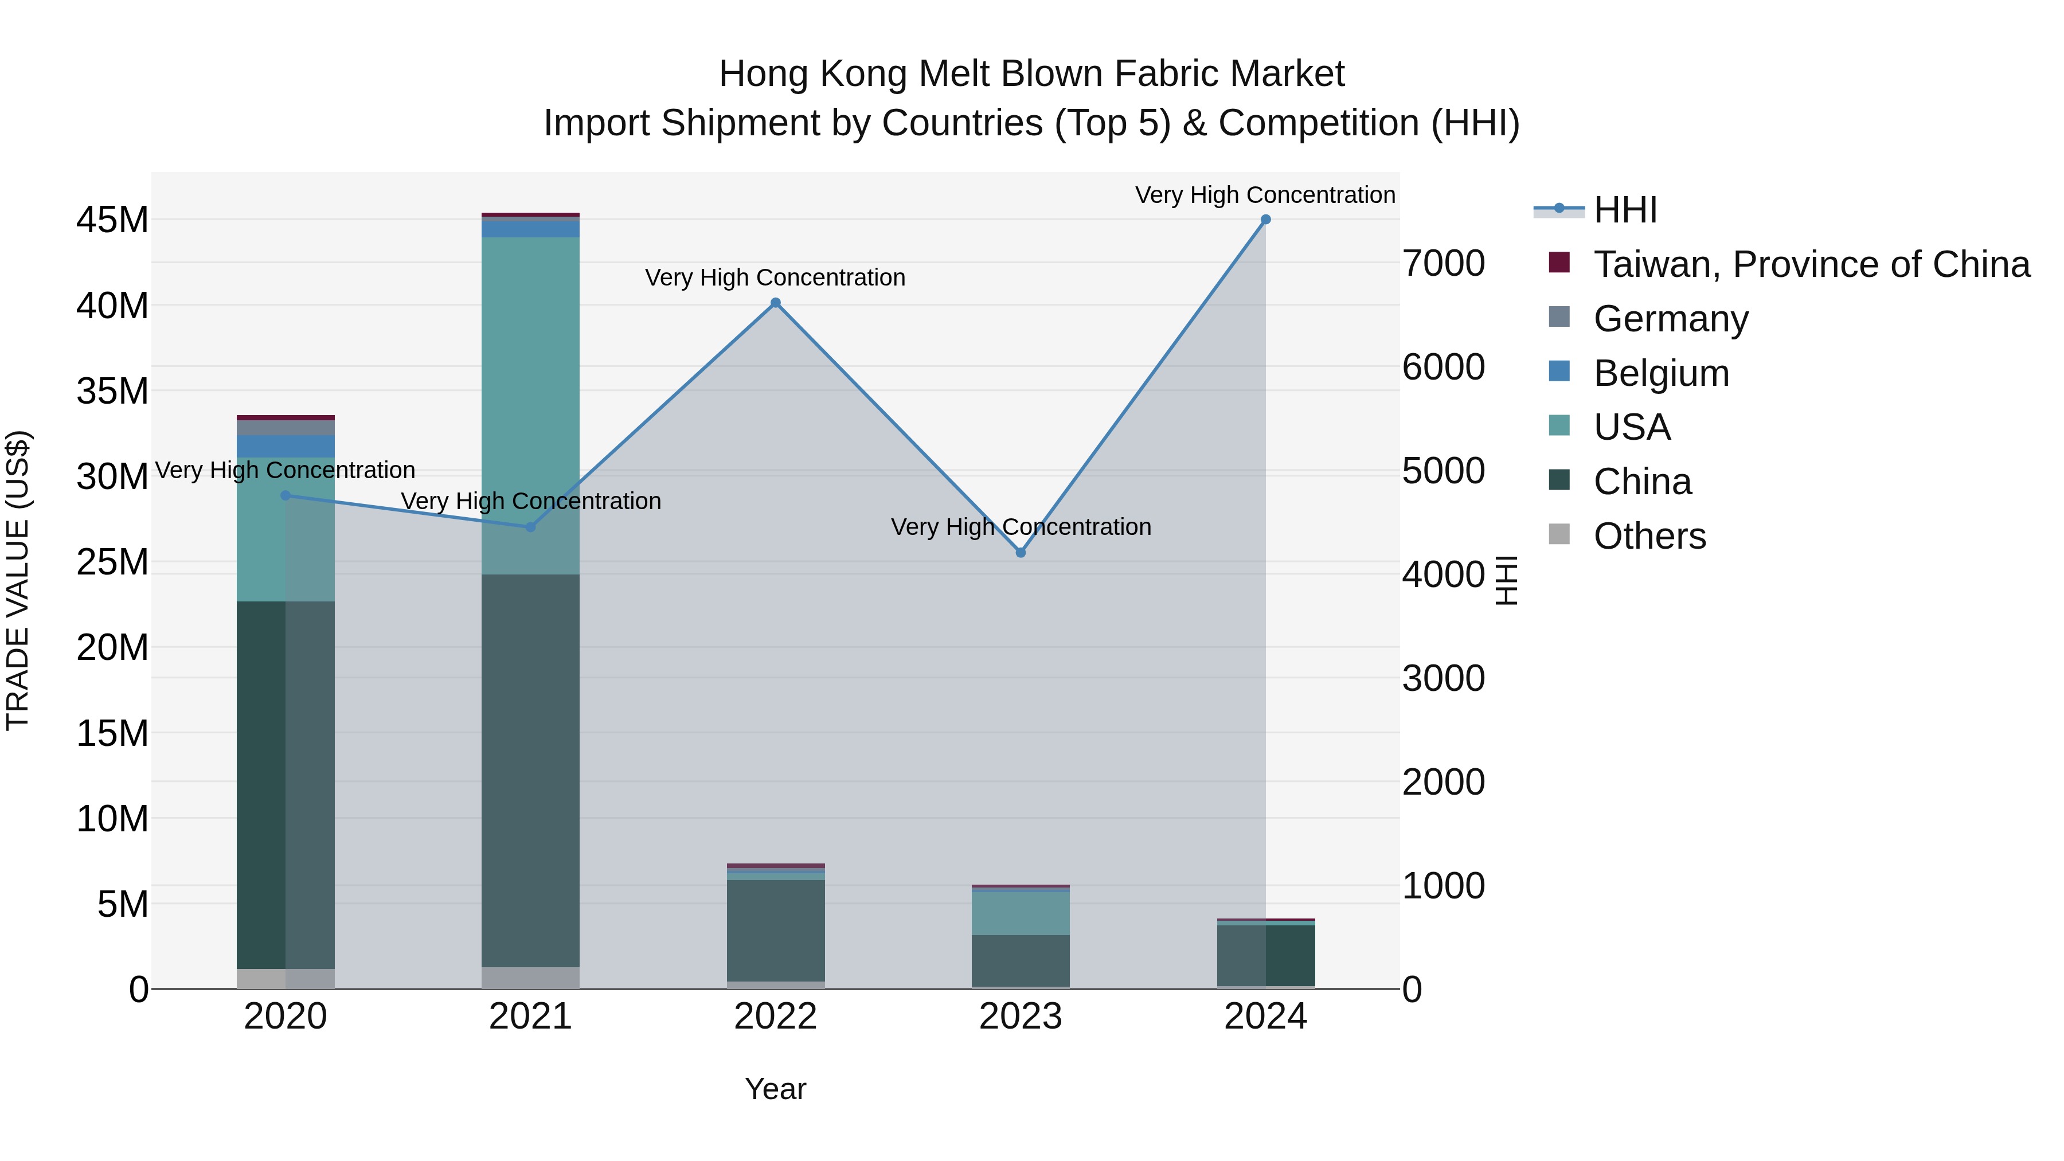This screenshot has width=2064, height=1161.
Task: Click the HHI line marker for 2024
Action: pos(1265,220)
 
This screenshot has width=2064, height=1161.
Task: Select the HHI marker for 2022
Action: pos(775,303)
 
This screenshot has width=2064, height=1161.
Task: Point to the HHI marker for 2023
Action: pos(1020,553)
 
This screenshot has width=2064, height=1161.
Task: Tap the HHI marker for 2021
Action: pos(530,527)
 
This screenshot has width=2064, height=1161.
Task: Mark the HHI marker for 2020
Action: pos(286,496)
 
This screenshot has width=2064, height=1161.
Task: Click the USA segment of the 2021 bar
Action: pos(530,401)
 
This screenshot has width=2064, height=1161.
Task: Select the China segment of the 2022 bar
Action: pos(775,929)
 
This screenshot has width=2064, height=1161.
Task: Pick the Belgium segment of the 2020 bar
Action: pos(286,446)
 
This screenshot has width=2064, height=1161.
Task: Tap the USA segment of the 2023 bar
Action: pos(1020,913)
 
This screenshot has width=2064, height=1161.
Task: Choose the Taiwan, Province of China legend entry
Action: pos(1811,264)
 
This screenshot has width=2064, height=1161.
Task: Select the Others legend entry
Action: pos(1649,536)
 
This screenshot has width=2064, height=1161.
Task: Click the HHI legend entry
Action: pos(1624,210)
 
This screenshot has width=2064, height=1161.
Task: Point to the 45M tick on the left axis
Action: pos(112,220)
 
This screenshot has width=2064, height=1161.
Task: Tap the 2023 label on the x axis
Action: pos(1020,1017)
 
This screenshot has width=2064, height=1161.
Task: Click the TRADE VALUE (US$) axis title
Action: pos(18,580)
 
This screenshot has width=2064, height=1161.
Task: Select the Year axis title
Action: pos(775,1089)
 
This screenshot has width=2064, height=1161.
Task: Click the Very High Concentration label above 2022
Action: pos(775,277)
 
